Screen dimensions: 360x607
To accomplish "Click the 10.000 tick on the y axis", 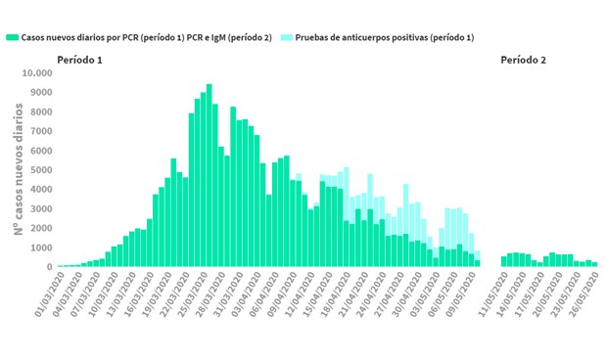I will coord(35,73).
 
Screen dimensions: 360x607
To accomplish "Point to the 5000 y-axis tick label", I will coord(40,169).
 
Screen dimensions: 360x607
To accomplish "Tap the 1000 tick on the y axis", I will coord(40,247).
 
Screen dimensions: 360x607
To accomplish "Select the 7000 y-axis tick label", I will coord(40,131).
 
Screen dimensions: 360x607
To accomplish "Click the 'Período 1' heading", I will coord(80,60).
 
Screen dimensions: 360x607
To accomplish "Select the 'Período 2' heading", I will coord(523,60).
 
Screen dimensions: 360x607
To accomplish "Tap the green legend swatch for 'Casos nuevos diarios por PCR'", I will coord(12,37).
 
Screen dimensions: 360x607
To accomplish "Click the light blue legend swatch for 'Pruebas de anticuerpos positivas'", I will coord(285,37).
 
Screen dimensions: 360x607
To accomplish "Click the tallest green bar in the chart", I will coord(209,175).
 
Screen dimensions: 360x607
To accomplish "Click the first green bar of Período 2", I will coord(504,261).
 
